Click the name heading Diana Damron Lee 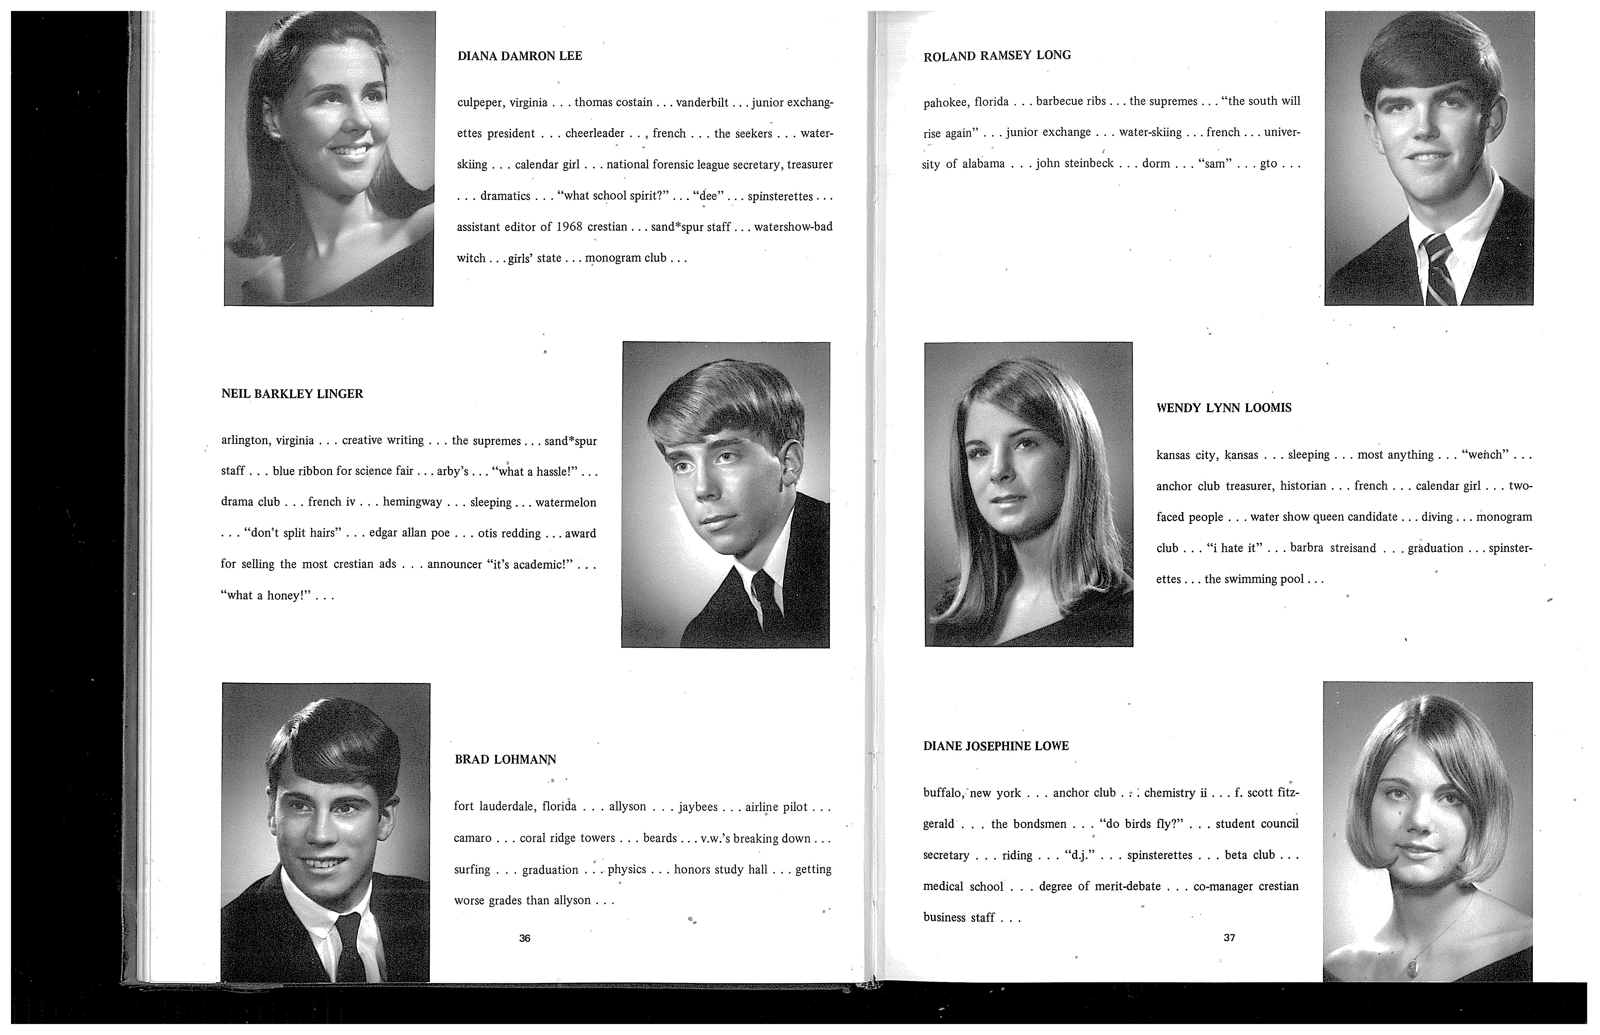click(x=520, y=56)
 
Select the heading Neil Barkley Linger click(x=292, y=394)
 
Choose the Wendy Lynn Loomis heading click(x=1224, y=408)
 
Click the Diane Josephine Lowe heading click(x=996, y=746)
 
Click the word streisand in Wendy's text click(x=1352, y=548)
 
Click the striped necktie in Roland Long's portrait click(x=1439, y=269)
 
